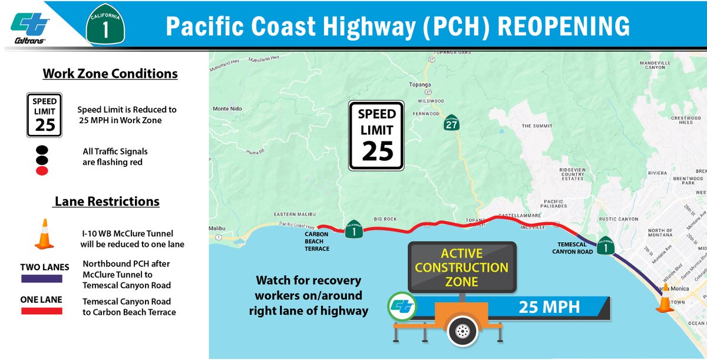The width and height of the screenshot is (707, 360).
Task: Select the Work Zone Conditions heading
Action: pyautogui.click(x=110, y=74)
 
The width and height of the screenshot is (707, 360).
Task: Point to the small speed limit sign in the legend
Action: pyautogui.click(x=45, y=113)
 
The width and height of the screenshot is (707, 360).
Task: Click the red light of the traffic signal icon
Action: pyautogui.click(x=42, y=171)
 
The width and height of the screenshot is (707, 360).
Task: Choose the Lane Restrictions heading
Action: pyautogui.click(x=107, y=202)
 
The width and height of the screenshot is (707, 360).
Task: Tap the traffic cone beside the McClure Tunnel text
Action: pyautogui.click(x=44, y=234)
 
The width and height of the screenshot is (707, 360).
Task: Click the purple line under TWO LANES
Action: pyautogui.click(x=45, y=279)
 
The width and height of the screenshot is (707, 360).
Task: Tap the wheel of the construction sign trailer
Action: pyautogui.click(x=462, y=331)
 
